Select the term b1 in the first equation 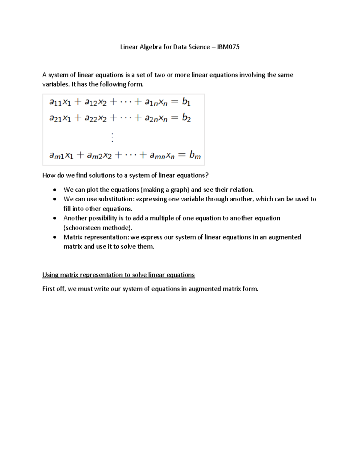(186, 102)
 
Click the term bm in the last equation (195, 155)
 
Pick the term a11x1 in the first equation (60, 102)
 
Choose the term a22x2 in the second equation (95, 118)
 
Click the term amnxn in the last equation (162, 155)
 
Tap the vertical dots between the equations (112, 137)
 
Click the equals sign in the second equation (174, 118)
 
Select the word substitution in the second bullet (117, 199)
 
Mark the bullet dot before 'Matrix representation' (54, 237)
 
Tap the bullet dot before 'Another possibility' (54, 218)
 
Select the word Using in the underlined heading (50, 275)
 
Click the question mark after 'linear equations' (207, 175)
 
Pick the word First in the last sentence (49, 289)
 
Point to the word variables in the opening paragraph (56, 84)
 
